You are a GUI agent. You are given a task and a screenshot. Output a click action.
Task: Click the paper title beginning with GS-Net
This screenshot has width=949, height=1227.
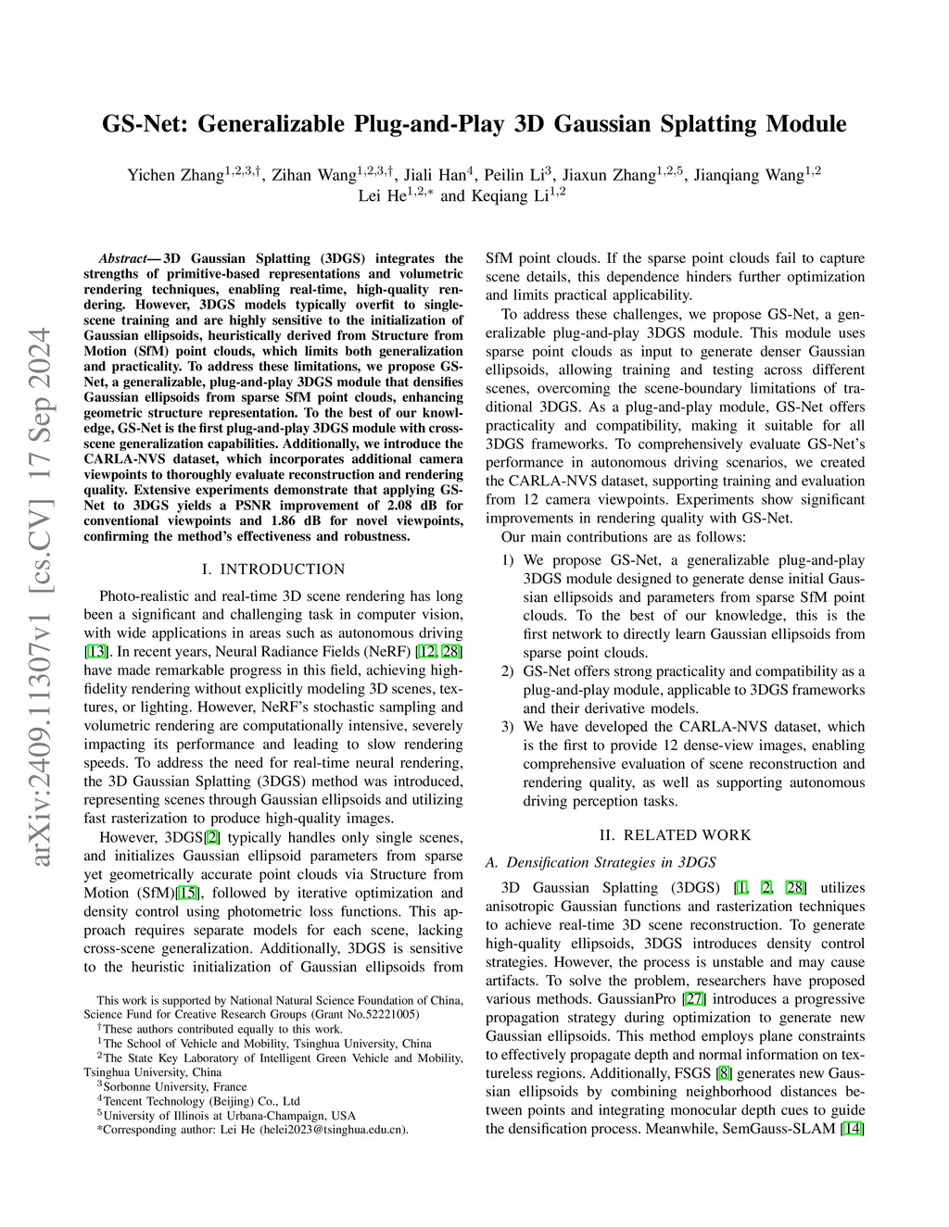pos(474,124)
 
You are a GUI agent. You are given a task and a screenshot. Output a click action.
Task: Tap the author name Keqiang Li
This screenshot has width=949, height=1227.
pos(513,195)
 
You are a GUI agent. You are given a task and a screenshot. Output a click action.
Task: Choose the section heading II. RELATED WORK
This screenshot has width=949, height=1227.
pos(675,834)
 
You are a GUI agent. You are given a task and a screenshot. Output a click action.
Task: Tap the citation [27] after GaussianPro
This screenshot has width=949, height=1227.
pos(693,999)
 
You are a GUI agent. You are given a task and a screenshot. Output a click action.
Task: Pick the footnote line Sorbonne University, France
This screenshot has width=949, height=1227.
pos(174,1086)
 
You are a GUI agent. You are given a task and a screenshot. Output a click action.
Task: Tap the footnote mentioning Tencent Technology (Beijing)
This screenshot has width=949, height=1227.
pos(201,1101)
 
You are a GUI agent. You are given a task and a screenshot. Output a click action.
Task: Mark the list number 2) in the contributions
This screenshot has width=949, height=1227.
pos(507,671)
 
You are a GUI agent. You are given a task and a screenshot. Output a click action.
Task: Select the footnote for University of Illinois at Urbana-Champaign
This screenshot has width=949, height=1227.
pos(229,1115)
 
